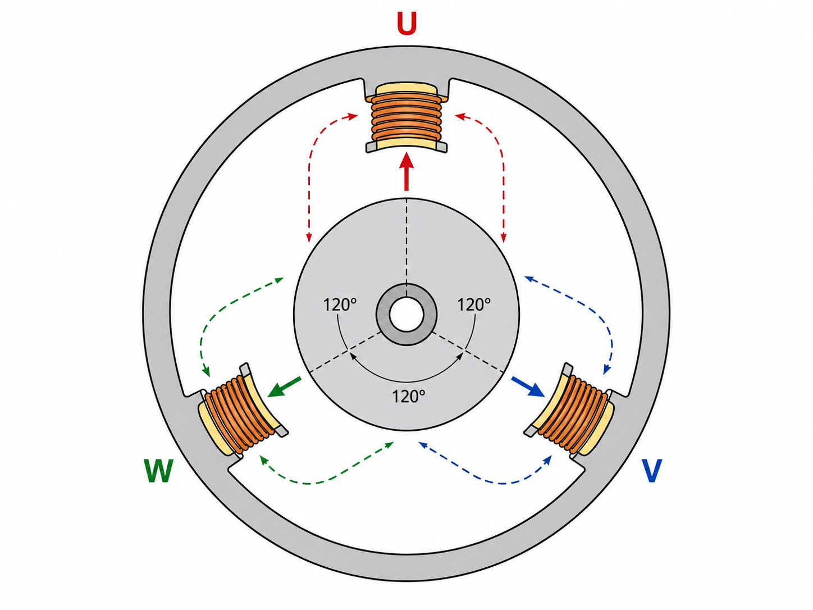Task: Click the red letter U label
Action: [406, 23]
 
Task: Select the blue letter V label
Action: [651, 471]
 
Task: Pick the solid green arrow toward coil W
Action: [284, 387]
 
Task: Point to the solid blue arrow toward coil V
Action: [528, 387]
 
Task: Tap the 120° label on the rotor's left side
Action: [340, 304]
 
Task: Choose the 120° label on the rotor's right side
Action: [474, 304]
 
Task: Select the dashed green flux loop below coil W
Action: [315, 482]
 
